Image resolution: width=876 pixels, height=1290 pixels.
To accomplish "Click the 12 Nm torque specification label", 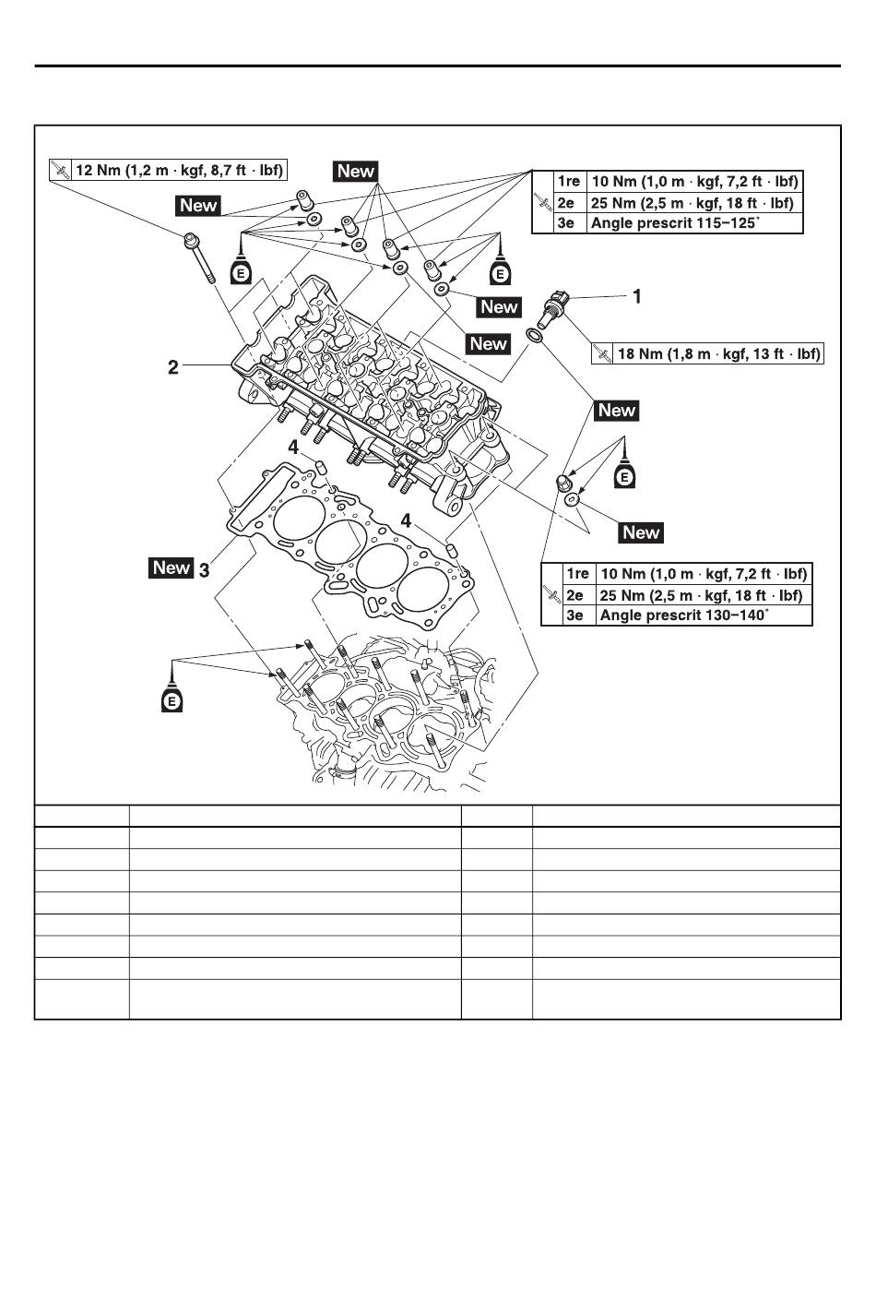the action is pyautogui.click(x=179, y=171).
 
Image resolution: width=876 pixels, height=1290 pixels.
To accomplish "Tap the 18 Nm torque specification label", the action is pyautogui.click(x=719, y=353).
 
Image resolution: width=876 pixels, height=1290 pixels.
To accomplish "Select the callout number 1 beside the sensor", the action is pyautogui.click(x=636, y=296).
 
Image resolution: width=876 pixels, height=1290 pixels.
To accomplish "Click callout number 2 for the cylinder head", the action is pyautogui.click(x=172, y=367).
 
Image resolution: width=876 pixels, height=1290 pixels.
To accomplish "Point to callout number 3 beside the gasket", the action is pyautogui.click(x=205, y=569).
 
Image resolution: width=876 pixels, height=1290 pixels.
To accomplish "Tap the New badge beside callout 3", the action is pyautogui.click(x=171, y=567).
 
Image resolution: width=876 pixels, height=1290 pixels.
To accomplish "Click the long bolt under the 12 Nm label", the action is pyautogui.click(x=198, y=257).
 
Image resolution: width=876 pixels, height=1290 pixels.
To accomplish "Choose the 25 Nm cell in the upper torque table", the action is pyautogui.click(x=693, y=203).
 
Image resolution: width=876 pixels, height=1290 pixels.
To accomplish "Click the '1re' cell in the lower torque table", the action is pyautogui.click(x=577, y=574).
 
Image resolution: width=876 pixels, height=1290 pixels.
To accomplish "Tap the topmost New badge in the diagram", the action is pyautogui.click(x=356, y=171).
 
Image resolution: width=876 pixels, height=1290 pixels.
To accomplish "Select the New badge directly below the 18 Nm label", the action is pyautogui.click(x=616, y=411).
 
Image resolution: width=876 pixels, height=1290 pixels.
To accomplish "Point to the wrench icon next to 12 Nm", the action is pyautogui.click(x=60, y=171).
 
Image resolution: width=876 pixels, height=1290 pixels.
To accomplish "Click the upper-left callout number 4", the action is pyautogui.click(x=293, y=447).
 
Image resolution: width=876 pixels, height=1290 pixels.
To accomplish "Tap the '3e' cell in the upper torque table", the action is pyautogui.click(x=566, y=223).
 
